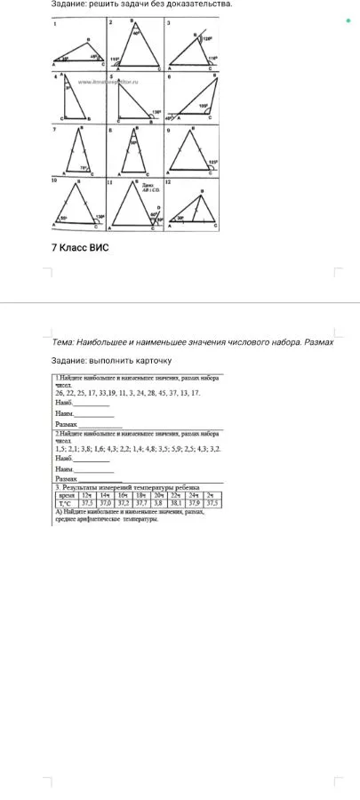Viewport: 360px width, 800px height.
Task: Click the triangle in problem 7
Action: [x=79, y=152]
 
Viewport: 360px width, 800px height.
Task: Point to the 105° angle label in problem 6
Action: [x=204, y=105]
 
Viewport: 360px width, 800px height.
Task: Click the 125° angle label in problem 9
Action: [x=212, y=162]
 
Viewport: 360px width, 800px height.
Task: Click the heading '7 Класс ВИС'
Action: [x=78, y=247]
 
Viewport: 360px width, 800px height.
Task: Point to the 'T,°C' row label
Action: [x=67, y=502]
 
